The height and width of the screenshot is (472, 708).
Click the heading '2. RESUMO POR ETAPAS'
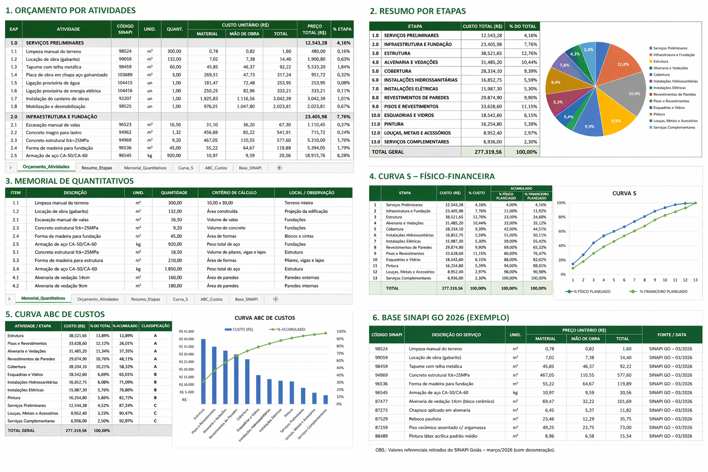tap(418, 11)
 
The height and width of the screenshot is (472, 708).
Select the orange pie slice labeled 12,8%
tap(619, 65)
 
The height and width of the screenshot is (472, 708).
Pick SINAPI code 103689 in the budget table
tap(125, 75)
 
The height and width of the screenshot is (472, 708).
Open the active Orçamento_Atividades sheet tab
tap(46, 167)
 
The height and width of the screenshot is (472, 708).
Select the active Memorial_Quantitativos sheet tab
tap(43, 298)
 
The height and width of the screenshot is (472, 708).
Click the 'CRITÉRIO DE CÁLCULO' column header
tap(234, 193)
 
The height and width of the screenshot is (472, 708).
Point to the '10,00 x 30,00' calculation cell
tap(220, 203)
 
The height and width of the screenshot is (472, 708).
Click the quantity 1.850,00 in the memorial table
tap(173, 269)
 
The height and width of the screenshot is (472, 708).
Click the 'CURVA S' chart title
tap(624, 193)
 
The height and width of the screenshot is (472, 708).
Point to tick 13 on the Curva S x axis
tap(696, 280)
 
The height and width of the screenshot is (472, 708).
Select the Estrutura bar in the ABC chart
tap(203, 372)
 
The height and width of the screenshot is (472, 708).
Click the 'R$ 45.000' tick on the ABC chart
tap(186, 331)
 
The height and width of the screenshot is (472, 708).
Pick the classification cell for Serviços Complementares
tap(155, 421)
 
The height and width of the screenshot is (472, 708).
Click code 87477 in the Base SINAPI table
tap(382, 401)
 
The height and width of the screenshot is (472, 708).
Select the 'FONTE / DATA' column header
tap(672, 335)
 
